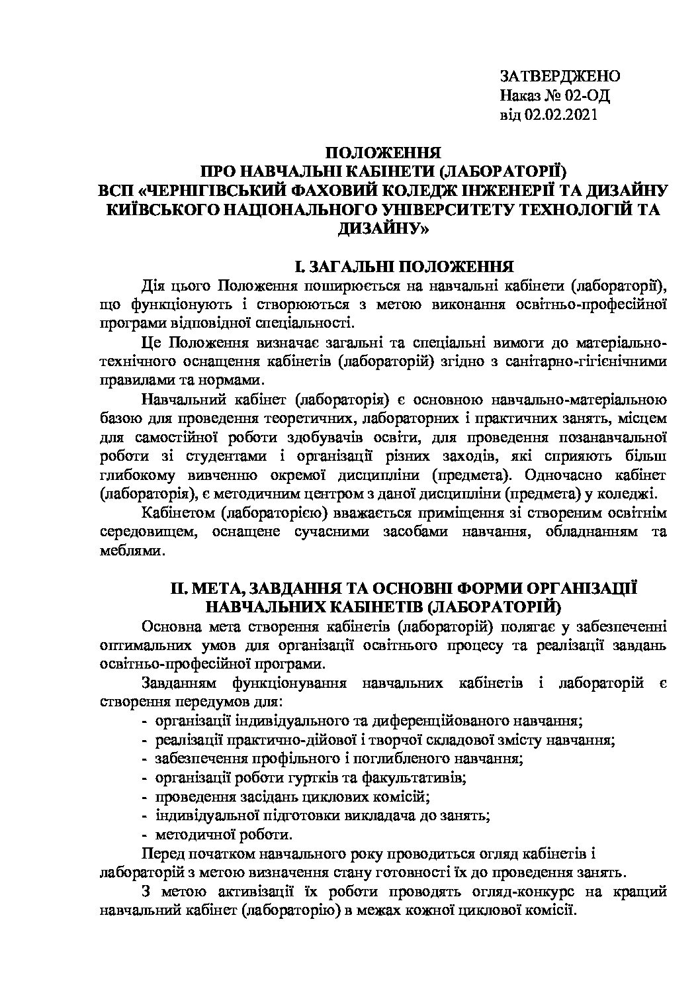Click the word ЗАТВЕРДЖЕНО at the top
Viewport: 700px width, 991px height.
pyautogui.click(x=560, y=76)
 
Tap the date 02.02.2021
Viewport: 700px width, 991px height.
pyautogui.click(x=561, y=116)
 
